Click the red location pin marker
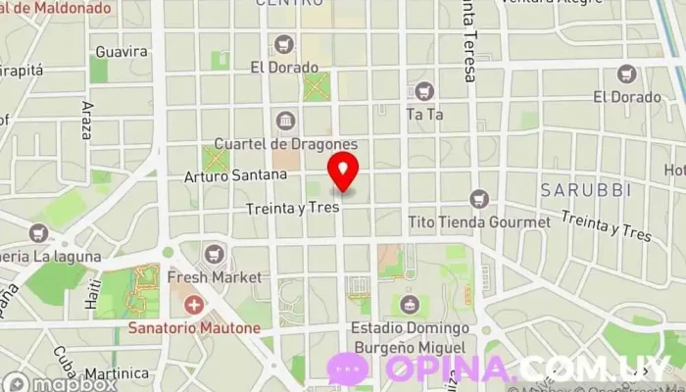343,171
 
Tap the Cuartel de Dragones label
286,144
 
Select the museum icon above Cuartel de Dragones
285,121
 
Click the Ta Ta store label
425,114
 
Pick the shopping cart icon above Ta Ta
424,91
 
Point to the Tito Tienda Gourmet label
478,221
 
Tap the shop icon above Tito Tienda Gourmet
478,199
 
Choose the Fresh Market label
215,277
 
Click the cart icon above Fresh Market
215,255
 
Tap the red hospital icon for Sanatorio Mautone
195,306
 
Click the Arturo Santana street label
236,175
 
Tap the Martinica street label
116,373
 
